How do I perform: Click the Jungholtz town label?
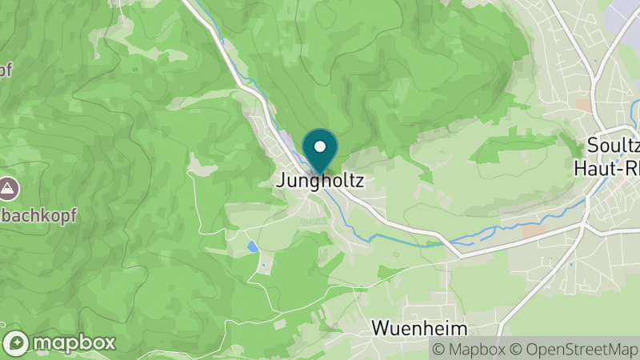pyautogui.click(x=320, y=182)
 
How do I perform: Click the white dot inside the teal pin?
pyautogui.click(x=320, y=146)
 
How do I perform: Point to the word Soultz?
pyautogui.click(x=614, y=146)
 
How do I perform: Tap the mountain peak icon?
pyautogui.click(x=8, y=189)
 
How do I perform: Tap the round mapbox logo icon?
pyautogui.click(x=16, y=343)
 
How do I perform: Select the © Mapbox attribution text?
pyautogui.click(x=468, y=349)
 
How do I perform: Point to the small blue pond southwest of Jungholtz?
pyautogui.click(x=253, y=247)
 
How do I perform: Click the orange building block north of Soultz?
pyautogui.click(x=583, y=105)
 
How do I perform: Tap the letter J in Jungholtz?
pyautogui.click(x=281, y=182)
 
